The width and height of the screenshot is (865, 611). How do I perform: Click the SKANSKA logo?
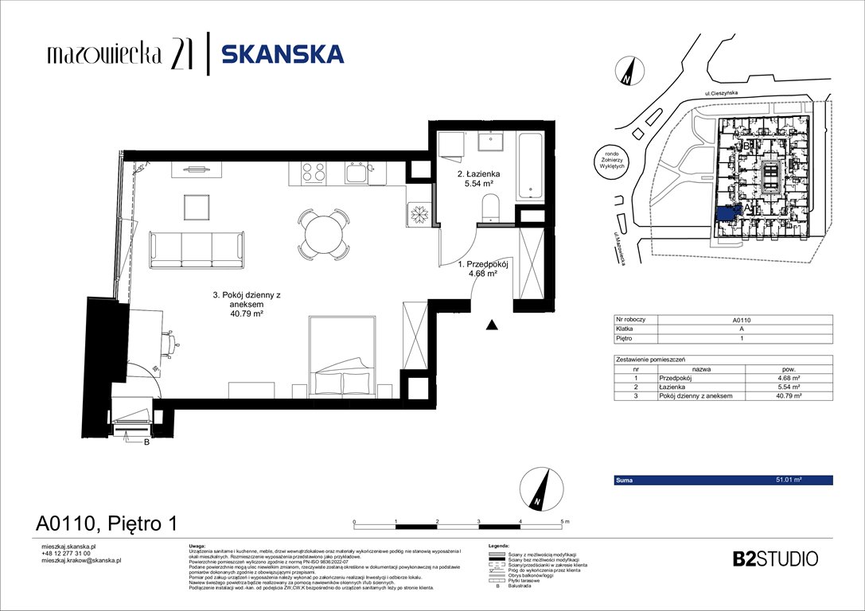[x=282, y=54]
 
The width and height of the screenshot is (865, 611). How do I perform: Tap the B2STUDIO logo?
[x=774, y=558]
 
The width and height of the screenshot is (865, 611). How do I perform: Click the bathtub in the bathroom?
[x=529, y=165]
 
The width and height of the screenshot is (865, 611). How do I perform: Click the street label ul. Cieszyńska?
[x=721, y=94]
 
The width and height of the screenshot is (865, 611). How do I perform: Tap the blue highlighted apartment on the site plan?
[x=726, y=213]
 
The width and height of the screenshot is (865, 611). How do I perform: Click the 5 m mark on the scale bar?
[x=564, y=520]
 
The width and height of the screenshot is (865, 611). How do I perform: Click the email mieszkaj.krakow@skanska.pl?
[x=81, y=560]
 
